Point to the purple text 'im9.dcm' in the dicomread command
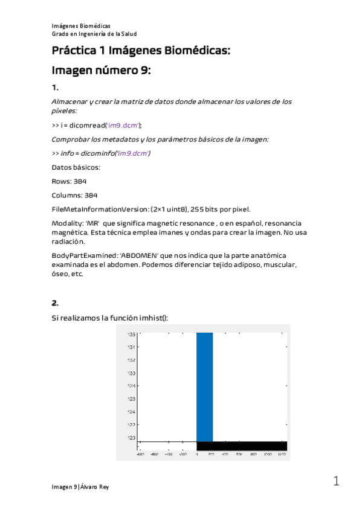pyautogui.click(x=123, y=125)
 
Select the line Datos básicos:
pyautogui.click(x=76, y=167)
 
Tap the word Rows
pyautogui.click(x=62, y=181)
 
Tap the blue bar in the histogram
pyautogui.click(x=204, y=386)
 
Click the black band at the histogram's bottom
pyautogui.click(x=242, y=446)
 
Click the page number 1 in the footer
pyautogui.click(x=335, y=481)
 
